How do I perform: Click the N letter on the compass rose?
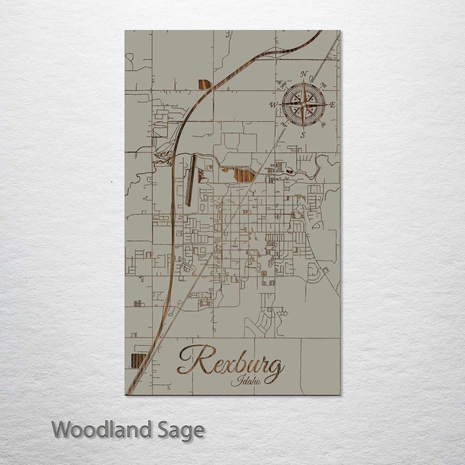303,75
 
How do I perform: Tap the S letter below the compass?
302,135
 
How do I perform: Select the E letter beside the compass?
333,105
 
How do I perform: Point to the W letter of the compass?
274,105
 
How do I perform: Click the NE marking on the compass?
323,85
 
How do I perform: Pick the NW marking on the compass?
284,85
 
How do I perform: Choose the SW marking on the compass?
284,124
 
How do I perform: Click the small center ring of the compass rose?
303,105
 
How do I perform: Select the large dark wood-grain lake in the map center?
244,175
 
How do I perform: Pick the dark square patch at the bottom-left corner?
138,360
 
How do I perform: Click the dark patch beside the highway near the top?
204,84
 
